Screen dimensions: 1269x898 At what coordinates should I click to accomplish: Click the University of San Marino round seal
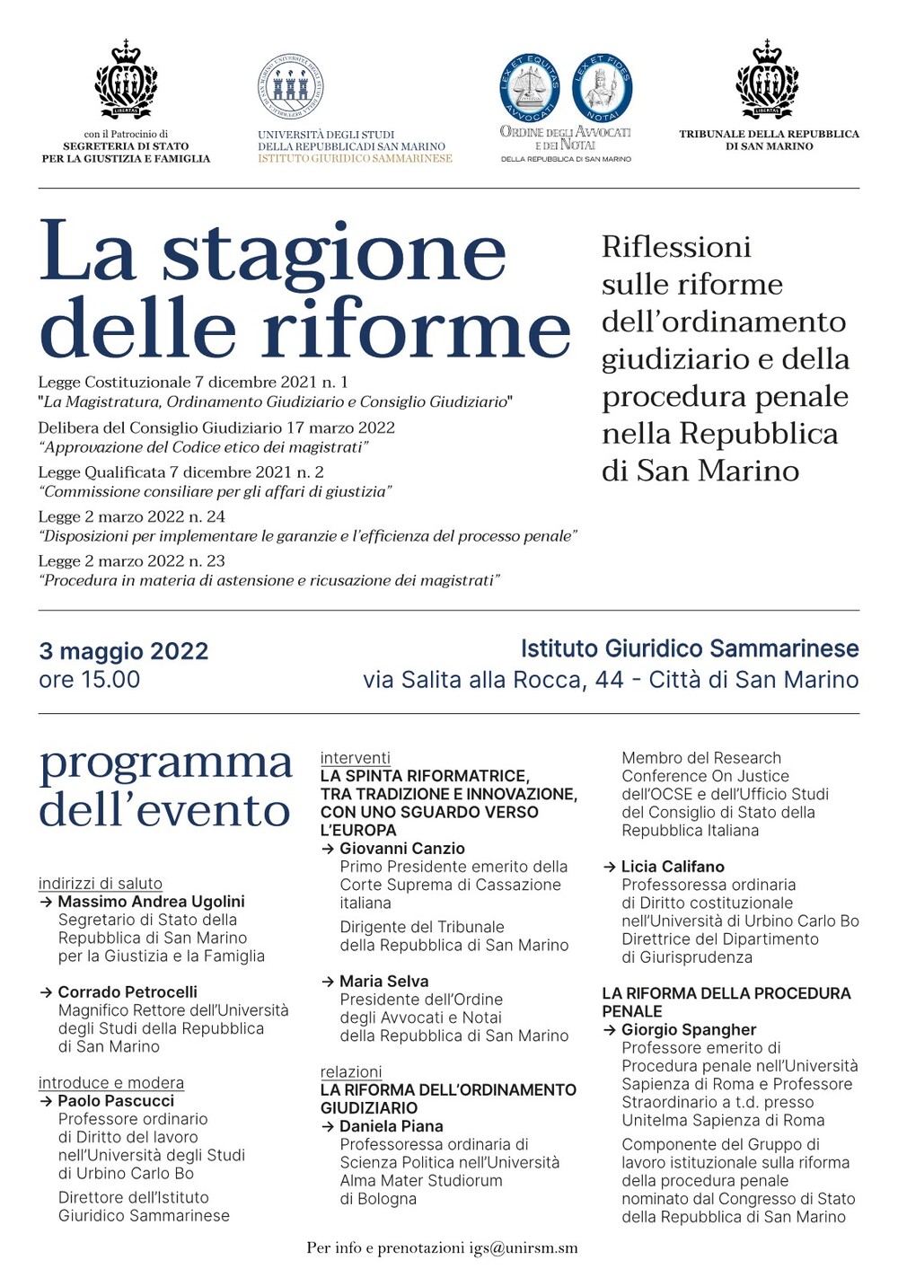pos(290,86)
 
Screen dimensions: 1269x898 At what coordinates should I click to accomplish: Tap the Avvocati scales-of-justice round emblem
pos(530,87)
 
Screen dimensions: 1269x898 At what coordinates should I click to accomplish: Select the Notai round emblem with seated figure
pos(603,87)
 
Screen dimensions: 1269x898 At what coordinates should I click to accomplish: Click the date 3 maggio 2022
pos(123,651)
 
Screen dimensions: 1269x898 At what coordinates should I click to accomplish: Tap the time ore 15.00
pos(89,680)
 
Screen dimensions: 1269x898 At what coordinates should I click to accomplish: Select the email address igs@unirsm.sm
pos(523,1247)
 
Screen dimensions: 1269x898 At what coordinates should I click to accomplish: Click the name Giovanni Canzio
pos(401,849)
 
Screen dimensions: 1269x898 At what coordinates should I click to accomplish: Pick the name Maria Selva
pos(383,982)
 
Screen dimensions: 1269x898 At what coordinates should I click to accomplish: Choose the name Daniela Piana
pos(391,1126)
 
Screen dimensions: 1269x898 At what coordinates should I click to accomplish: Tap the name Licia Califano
pos(673,867)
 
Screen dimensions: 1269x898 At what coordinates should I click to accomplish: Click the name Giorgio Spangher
pos(689,1030)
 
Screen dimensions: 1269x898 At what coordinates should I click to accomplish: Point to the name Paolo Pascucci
pos(116,1101)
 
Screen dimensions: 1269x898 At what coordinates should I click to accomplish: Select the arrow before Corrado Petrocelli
pos(46,992)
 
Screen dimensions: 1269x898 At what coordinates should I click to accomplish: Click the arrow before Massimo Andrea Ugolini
pos(46,902)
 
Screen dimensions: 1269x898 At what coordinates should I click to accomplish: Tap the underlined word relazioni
pos(351,1071)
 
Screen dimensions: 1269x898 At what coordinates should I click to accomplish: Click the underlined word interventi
pos(356,758)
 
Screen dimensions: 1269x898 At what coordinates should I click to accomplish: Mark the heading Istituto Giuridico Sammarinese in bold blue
pos(690,648)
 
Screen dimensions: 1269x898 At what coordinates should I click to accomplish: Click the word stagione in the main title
pos(333,253)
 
